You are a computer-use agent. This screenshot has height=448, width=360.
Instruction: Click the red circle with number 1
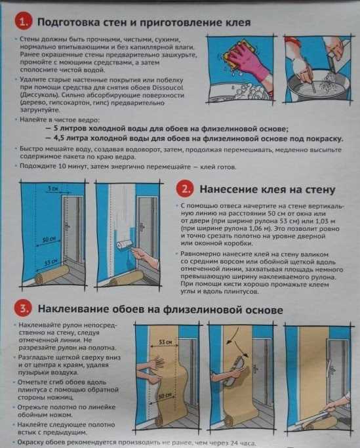(x=24, y=24)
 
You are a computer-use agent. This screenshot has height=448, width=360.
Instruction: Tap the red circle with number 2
(x=186, y=189)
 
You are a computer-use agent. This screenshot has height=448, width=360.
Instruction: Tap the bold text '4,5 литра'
(x=74, y=138)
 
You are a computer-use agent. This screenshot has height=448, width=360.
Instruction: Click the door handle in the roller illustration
(x=142, y=226)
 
